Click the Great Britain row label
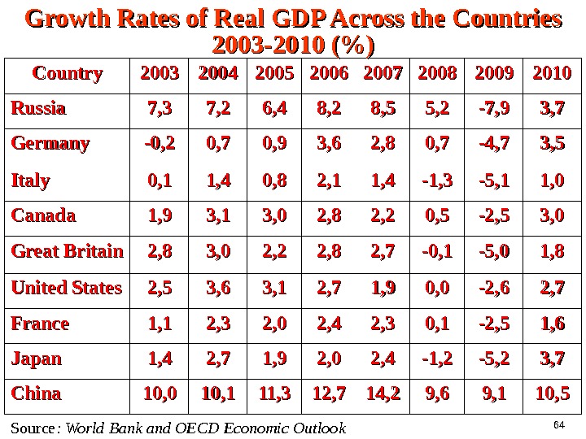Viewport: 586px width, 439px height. point(68,251)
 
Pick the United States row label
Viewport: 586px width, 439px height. point(67,287)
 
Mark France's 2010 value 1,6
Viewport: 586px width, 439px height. point(552,323)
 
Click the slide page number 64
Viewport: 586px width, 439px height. point(558,424)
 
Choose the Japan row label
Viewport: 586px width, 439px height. point(37,359)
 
